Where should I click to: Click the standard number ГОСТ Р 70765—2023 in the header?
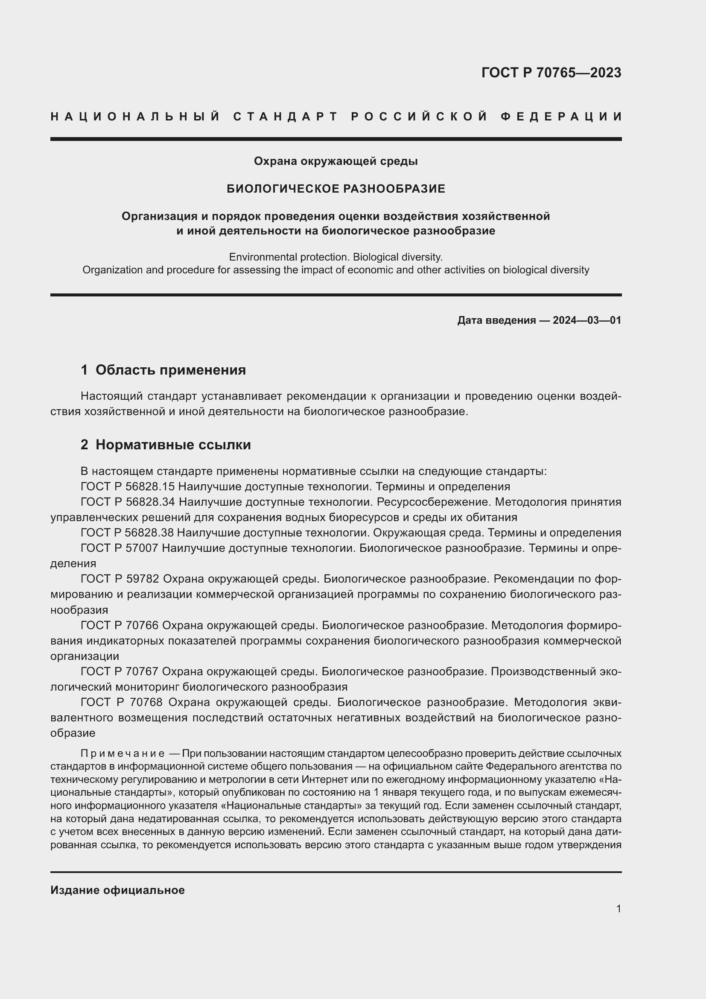[551, 73]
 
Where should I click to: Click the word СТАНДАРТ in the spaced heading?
[286, 117]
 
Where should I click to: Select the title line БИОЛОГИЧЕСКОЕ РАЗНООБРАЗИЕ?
[335, 189]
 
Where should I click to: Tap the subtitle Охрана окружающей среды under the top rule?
[335, 161]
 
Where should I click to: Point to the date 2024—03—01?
[586, 321]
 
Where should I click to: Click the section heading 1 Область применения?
[163, 370]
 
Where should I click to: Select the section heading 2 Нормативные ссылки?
[166, 445]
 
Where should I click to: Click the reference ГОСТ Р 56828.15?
[127, 486]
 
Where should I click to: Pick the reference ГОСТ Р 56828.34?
[127, 502]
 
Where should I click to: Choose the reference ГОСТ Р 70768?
[121, 702]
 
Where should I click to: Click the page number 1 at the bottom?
[618, 908]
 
